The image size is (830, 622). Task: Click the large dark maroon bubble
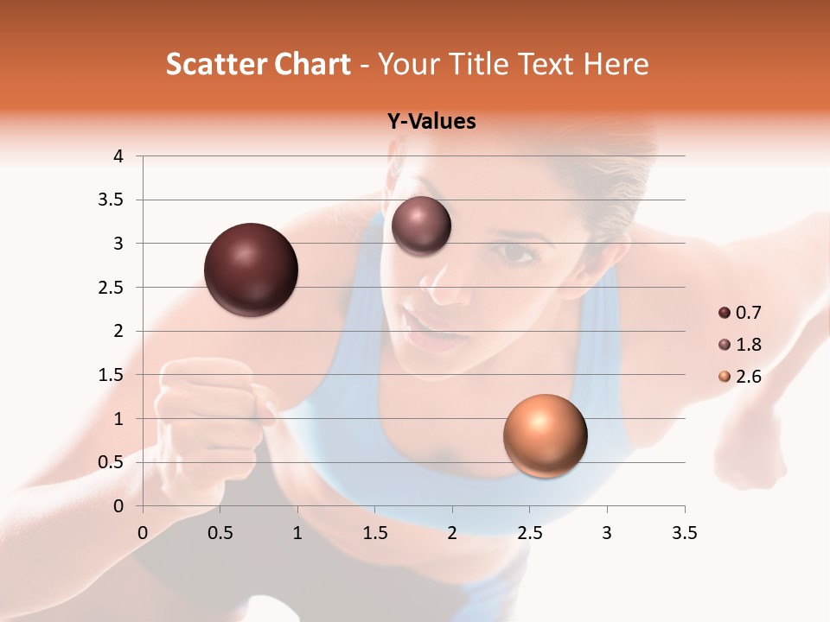point(252,270)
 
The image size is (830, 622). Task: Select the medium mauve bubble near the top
point(421,226)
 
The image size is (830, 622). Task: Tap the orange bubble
point(545,435)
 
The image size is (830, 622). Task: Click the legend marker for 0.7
point(724,313)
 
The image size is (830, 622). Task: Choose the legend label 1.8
point(749,345)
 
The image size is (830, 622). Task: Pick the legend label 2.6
point(749,377)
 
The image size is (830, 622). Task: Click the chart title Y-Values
point(431,122)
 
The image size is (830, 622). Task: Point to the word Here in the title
point(616,64)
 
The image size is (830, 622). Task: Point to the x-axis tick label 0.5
point(220,533)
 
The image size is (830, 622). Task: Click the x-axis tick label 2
point(452,533)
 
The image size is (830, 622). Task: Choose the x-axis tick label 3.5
point(684,533)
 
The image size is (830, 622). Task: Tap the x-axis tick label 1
point(297,533)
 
